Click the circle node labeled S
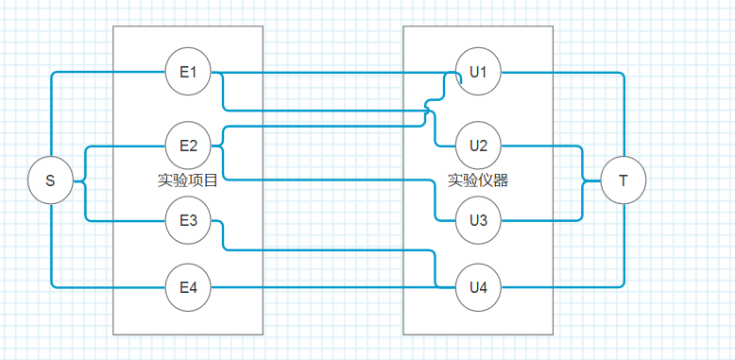coord(50,180)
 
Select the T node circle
coord(623,180)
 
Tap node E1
coord(188,72)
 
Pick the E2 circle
coord(188,146)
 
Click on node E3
coord(188,220)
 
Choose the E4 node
coord(188,286)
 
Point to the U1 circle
coord(478,72)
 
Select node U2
coord(478,146)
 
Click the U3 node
coord(478,220)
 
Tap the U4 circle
coord(478,286)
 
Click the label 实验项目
coord(188,180)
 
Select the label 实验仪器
coord(478,180)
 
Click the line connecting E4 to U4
coord(331,286)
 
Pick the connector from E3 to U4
coord(331,250)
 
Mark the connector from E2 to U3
coord(331,180)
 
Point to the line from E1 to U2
coord(331,111)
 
